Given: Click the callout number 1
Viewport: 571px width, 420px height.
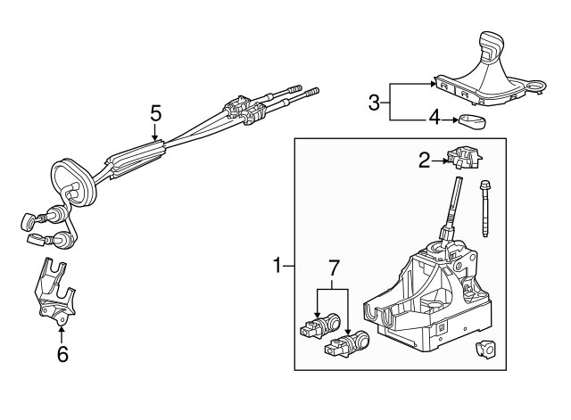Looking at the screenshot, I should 277,265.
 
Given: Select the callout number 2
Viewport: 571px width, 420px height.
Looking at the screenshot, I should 425,160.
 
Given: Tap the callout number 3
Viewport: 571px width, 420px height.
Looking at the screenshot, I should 376,103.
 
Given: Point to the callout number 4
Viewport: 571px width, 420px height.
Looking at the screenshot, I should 434,118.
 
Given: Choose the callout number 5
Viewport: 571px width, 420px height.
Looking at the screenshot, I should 155,113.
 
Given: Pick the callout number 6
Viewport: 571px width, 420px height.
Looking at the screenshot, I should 62,354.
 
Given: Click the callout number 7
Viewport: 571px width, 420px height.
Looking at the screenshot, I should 335,267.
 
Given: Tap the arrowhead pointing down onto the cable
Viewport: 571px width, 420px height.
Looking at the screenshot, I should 155,138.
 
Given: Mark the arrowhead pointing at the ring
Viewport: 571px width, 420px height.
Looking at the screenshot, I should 456,118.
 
